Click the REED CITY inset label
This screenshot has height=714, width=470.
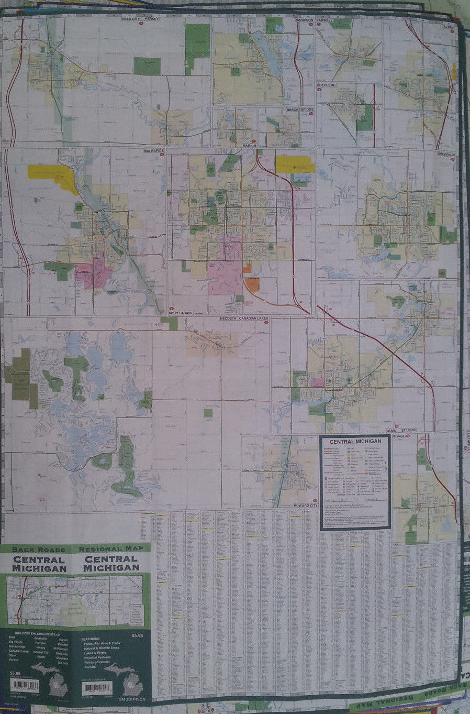coord(134,18)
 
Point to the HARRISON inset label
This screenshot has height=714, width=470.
coord(304,19)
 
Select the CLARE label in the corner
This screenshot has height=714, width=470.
coord(449,26)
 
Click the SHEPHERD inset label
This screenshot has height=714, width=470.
coord(325,84)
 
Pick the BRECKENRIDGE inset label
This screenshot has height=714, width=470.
coord(299,109)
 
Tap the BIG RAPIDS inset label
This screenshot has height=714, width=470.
coord(154,151)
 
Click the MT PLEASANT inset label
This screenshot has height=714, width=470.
coord(181,313)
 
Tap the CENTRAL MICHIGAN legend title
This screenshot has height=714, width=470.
coord(355,441)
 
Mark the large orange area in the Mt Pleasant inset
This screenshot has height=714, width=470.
coord(252,285)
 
